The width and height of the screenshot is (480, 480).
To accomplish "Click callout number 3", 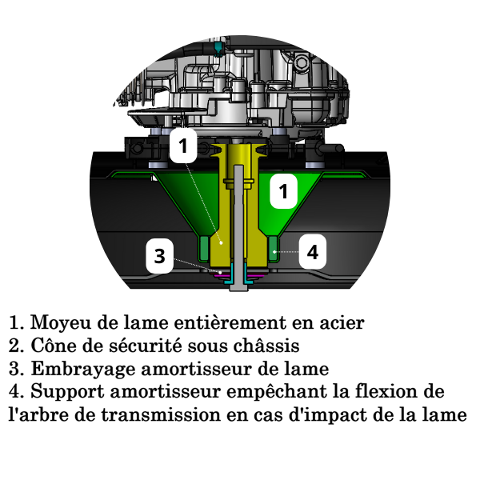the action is (160, 256).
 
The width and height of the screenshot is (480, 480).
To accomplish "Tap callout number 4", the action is (312, 252).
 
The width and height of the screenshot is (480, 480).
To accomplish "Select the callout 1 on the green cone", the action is (283, 191).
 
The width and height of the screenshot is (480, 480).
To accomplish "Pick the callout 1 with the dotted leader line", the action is (183, 146).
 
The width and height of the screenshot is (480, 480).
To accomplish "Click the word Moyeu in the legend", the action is (61, 323).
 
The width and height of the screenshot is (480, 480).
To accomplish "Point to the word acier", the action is (342, 322).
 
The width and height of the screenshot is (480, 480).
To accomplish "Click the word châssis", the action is (266, 346).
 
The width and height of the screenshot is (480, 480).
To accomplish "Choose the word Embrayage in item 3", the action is (83, 369).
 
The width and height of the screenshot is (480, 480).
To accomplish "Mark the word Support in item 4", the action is (67, 392).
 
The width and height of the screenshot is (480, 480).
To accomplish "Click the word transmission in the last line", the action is (161, 414).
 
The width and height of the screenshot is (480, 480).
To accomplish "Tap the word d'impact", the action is (322, 415).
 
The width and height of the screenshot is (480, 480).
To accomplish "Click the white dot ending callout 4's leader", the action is (274, 252).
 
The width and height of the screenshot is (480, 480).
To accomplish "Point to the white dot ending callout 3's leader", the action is (220, 272).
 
